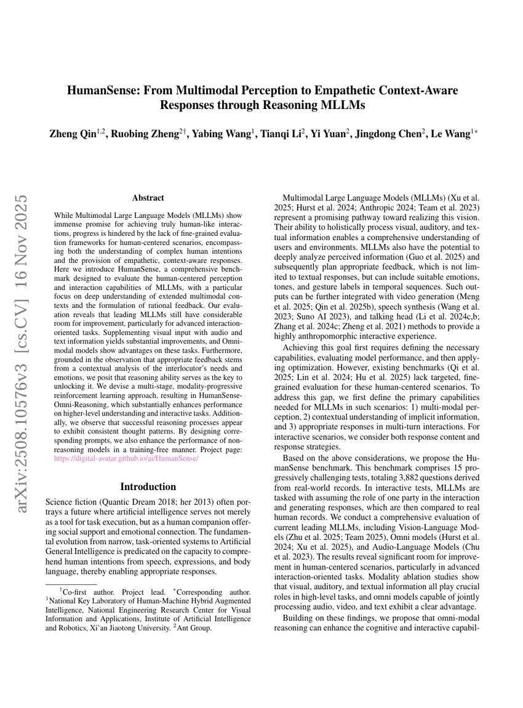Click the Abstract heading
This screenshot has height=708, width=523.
pyautogui.click(x=148, y=198)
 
